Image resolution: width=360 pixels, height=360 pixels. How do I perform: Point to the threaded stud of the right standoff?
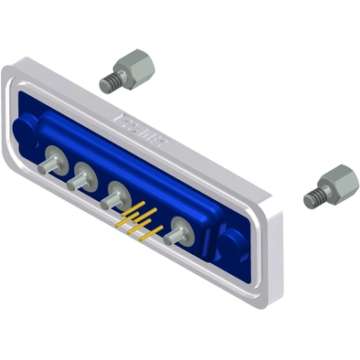(x=313, y=197)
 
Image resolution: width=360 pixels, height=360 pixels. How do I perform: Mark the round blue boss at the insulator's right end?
(x=231, y=246)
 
